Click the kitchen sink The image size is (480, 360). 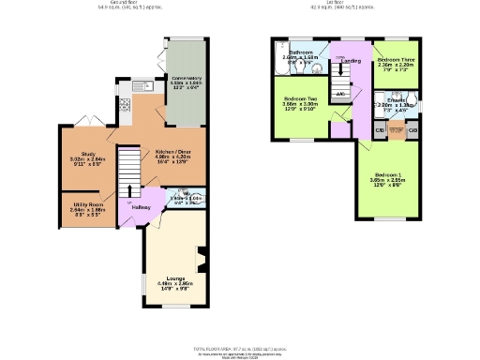coord(140,88)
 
